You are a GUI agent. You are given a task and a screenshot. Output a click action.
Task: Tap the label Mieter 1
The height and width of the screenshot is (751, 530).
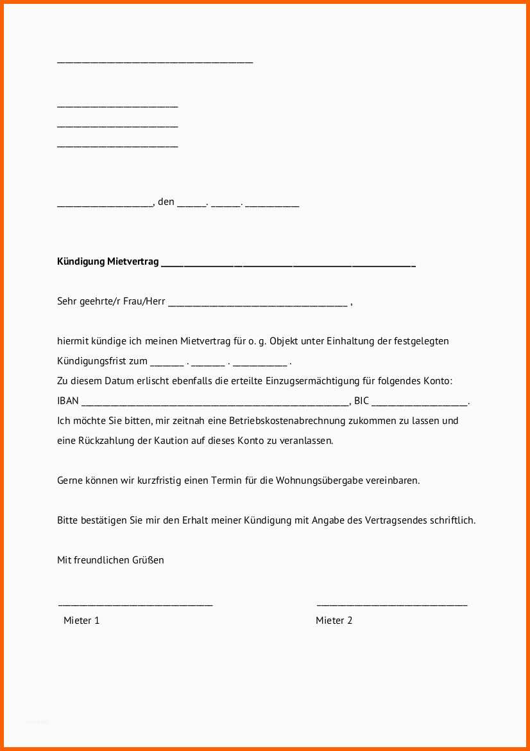coord(81,621)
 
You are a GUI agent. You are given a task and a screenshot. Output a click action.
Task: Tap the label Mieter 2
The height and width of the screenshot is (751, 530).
coord(334,621)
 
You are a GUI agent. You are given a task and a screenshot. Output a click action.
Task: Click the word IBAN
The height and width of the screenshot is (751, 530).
coord(68,401)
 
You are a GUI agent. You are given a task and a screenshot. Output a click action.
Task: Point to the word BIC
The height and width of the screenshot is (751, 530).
coord(361,401)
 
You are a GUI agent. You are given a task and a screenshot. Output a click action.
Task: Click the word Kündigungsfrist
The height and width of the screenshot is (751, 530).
coord(93,361)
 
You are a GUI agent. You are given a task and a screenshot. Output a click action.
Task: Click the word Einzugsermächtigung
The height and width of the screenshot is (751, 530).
coord(339,381)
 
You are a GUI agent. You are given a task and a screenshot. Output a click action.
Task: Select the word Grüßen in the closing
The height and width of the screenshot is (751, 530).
coord(149,560)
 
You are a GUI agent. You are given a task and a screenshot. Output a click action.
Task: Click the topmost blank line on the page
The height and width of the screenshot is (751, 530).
coord(155,62)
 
